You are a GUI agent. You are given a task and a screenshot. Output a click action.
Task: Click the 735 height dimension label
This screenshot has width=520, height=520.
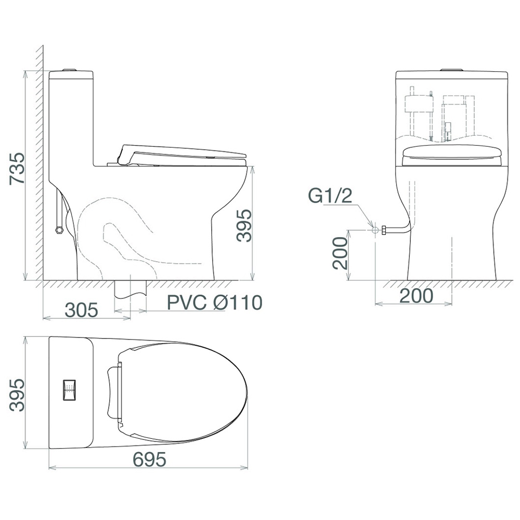pyautogui.click(x=17, y=168)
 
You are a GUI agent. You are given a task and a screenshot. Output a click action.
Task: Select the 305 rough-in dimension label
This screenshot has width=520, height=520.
pyautogui.click(x=82, y=310)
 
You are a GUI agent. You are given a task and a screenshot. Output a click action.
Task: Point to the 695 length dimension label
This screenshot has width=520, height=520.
pyautogui.click(x=149, y=460)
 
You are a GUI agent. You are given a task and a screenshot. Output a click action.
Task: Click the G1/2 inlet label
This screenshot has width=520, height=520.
pyautogui.click(x=330, y=196)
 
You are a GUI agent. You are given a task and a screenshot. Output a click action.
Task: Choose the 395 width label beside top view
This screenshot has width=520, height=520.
pyautogui.click(x=17, y=395)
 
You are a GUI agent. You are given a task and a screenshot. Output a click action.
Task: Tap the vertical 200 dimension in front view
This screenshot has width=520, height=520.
pyautogui.click(x=341, y=253)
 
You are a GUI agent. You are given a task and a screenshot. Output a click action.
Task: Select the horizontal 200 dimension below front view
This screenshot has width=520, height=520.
pyautogui.click(x=417, y=295)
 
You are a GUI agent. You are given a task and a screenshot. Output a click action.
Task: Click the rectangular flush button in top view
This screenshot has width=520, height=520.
pyautogui.click(x=69, y=390)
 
